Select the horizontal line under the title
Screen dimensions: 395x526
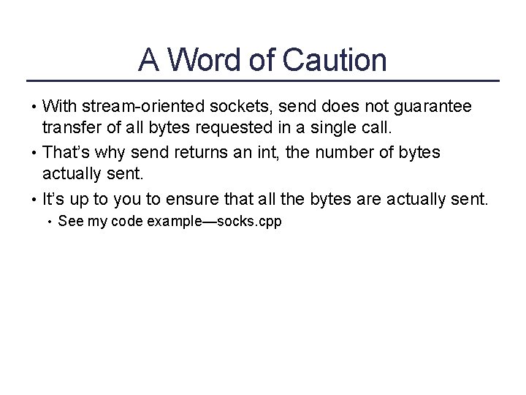coord(262,80)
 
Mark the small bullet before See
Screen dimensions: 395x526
coord(48,221)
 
